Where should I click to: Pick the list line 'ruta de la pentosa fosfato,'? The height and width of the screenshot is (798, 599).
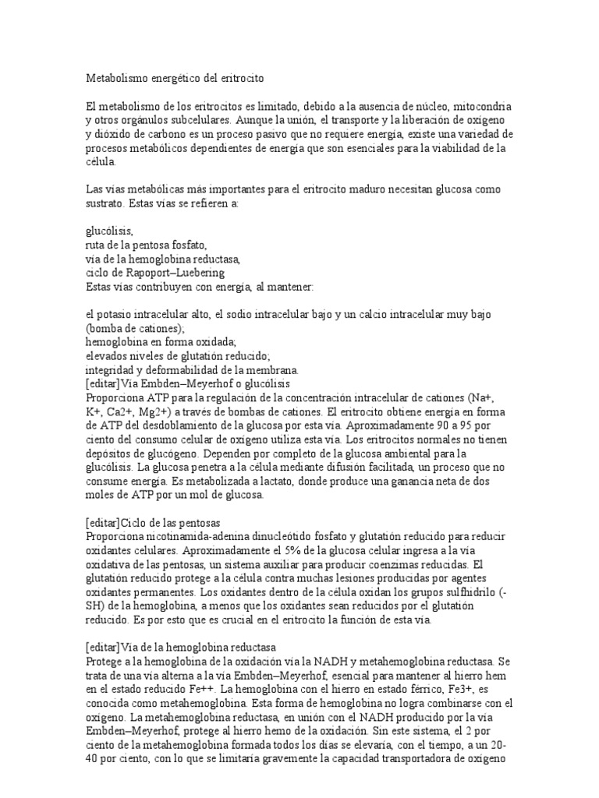click(x=146, y=245)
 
